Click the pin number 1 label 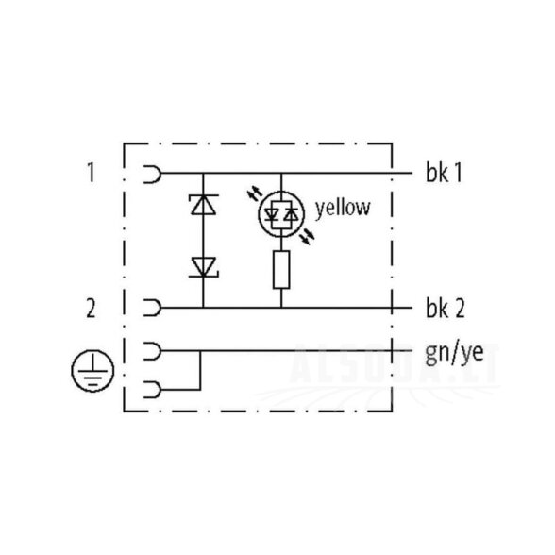click(x=92, y=173)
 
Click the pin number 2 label click(x=92, y=308)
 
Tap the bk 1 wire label click(x=444, y=173)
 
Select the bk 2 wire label click(x=445, y=308)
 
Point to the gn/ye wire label click(x=455, y=353)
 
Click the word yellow click(x=343, y=208)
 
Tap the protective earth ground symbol click(x=92, y=370)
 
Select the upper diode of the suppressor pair click(x=204, y=205)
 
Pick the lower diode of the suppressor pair click(x=204, y=267)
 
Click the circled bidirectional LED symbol click(x=281, y=214)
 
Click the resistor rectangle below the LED click(x=281, y=269)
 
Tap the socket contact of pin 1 click(x=153, y=173)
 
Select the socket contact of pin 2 click(x=153, y=308)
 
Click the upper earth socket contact click(x=153, y=351)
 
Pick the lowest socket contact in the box click(x=153, y=390)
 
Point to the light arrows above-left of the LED click(x=255, y=193)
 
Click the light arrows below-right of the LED click(x=308, y=236)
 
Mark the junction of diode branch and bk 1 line click(x=203, y=173)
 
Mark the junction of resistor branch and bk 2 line click(x=281, y=308)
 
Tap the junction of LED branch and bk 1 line click(x=281, y=173)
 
